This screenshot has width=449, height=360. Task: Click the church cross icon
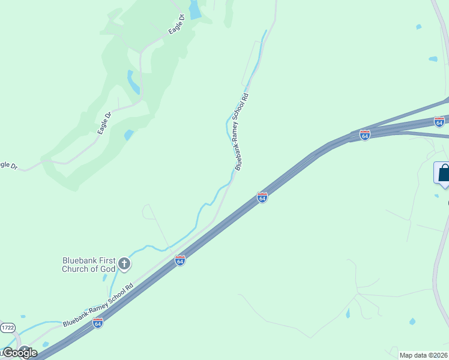(x=124, y=263)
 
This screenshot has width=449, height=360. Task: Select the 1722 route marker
(x=8, y=328)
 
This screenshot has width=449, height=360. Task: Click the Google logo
(x=19, y=353)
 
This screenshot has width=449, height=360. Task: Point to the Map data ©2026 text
(x=424, y=355)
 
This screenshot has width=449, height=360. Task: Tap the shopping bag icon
(x=444, y=173)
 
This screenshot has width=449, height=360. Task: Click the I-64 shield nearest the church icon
(x=179, y=260)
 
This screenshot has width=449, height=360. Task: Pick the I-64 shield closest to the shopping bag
(x=439, y=122)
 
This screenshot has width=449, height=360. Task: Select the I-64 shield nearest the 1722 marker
(x=98, y=323)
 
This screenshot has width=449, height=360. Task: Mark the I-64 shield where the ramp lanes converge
(x=364, y=135)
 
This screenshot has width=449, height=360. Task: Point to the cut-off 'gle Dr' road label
(x=8, y=164)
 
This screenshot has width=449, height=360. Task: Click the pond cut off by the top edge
(x=195, y=10)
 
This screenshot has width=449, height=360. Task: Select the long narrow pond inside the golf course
(x=133, y=82)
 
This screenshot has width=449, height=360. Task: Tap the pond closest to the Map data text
(x=412, y=322)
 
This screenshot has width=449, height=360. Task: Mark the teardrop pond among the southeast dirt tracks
(x=348, y=313)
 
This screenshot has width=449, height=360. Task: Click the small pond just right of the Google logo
(x=46, y=344)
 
